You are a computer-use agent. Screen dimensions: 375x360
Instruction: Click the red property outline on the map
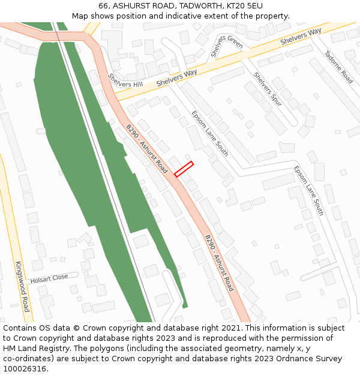(x=184, y=169)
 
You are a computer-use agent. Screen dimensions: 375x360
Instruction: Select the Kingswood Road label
(x=22, y=286)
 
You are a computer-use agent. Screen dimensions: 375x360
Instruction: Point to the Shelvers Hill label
(x=125, y=81)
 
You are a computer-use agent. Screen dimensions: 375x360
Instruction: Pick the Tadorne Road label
(x=338, y=66)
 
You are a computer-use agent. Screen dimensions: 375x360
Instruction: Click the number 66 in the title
(x=104, y=5)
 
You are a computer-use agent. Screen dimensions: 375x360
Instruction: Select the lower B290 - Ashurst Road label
(x=219, y=263)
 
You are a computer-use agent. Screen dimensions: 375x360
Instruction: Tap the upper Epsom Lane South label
(x=209, y=133)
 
